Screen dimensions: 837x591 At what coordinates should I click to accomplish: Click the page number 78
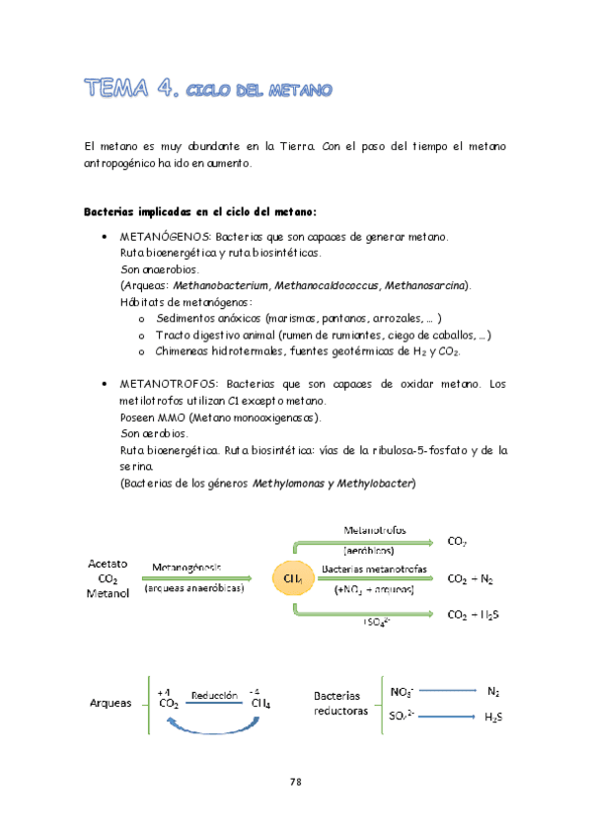click(x=295, y=782)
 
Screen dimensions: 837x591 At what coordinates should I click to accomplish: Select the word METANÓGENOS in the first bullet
click(x=159, y=237)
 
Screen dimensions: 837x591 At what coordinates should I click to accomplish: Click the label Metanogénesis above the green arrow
click(x=186, y=567)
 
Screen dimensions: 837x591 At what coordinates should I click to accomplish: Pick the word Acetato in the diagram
click(x=108, y=564)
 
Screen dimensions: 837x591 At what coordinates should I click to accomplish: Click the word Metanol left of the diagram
click(x=108, y=594)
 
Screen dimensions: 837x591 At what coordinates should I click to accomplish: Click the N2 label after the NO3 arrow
click(x=493, y=691)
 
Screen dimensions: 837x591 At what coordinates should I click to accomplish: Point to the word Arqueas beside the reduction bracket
click(x=110, y=704)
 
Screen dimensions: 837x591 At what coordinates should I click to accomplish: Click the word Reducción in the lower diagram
click(x=216, y=695)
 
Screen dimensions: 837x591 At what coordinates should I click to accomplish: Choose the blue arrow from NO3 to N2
click(x=444, y=691)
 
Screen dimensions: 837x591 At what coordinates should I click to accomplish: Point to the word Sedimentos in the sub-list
click(x=188, y=319)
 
